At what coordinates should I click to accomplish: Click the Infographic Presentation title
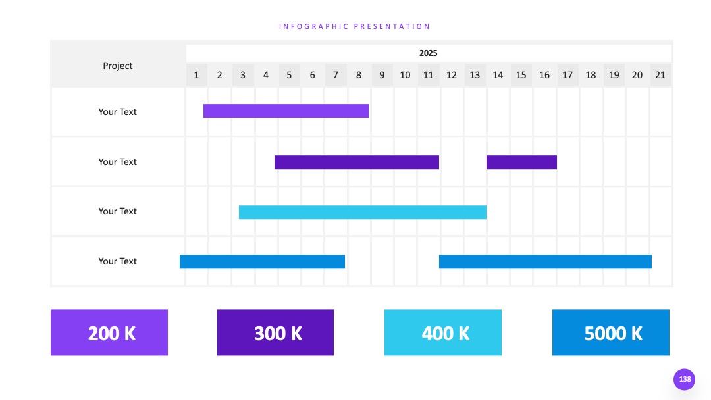(x=354, y=26)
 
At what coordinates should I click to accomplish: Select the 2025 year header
(x=428, y=53)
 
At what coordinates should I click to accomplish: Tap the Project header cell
(x=117, y=66)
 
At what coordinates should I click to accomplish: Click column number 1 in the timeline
(x=196, y=75)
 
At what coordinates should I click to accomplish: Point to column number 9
(x=382, y=75)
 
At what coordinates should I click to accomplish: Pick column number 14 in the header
(x=498, y=75)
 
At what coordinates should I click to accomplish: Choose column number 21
(x=660, y=75)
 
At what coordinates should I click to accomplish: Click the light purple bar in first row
(x=286, y=111)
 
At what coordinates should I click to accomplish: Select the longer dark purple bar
(x=356, y=162)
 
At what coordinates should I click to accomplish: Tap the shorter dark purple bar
(x=521, y=162)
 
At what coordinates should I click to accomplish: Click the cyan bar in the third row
(x=363, y=212)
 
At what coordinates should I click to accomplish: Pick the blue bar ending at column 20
(x=545, y=261)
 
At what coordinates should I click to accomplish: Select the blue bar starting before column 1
(x=262, y=261)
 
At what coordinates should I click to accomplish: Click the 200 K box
(x=109, y=332)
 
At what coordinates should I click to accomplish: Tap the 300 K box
(x=275, y=332)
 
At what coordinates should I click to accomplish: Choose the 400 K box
(x=443, y=332)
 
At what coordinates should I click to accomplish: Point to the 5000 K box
(x=611, y=332)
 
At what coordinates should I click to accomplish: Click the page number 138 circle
(x=684, y=379)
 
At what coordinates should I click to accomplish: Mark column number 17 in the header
(x=567, y=75)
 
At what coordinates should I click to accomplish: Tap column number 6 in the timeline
(x=313, y=75)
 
